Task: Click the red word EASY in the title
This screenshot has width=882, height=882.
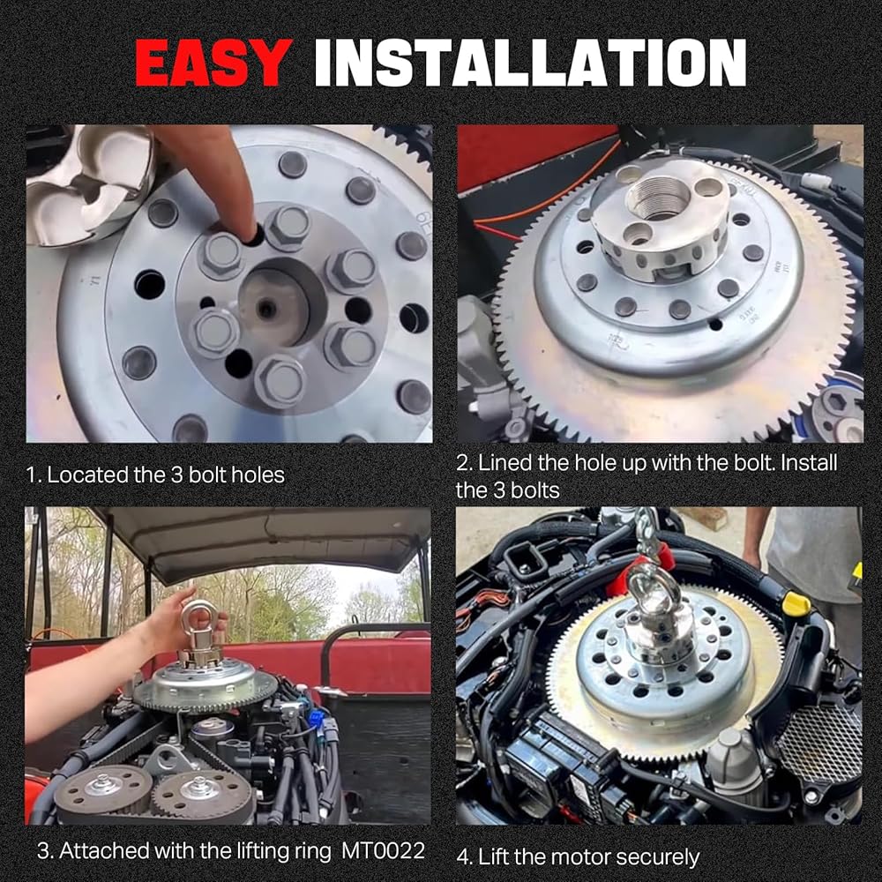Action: [x=213, y=63]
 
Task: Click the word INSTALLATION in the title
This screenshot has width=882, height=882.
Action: [x=530, y=63]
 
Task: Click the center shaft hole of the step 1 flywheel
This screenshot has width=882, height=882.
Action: [x=265, y=308]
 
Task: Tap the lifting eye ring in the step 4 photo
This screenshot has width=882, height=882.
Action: [x=647, y=583]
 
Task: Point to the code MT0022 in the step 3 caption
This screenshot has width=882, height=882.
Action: [x=383, y=850]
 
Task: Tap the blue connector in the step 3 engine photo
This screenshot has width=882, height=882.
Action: [x=316, y=718]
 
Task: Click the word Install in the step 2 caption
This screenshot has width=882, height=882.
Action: [x=810, y=463]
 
